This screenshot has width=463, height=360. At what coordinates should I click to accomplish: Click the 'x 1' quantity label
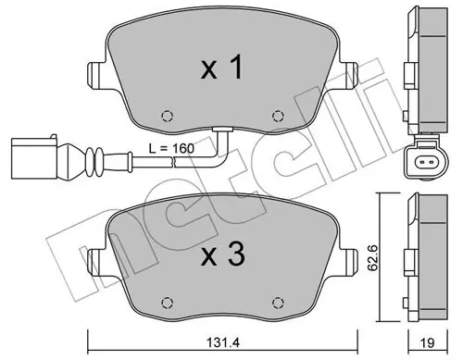click(x=222, y=68)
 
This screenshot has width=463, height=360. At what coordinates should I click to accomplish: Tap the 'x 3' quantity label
click(x=223, y=254)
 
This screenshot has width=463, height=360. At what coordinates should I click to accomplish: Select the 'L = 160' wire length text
click(x=171, y=148)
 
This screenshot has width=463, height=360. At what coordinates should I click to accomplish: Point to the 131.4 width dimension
click(x=222, y=342)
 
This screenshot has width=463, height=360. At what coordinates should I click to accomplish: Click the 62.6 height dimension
click(x=374, y=257)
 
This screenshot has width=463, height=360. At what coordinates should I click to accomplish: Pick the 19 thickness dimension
click(x=428, y=342)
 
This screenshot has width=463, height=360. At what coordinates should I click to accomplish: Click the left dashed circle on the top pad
click(x=168, y=116)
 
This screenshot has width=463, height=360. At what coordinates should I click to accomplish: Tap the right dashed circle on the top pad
click(x=278, y=116)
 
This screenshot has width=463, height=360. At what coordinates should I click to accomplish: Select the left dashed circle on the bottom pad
click(x=168, y=303)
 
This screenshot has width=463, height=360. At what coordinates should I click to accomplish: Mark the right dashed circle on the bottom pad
click(x=278, y=303)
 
